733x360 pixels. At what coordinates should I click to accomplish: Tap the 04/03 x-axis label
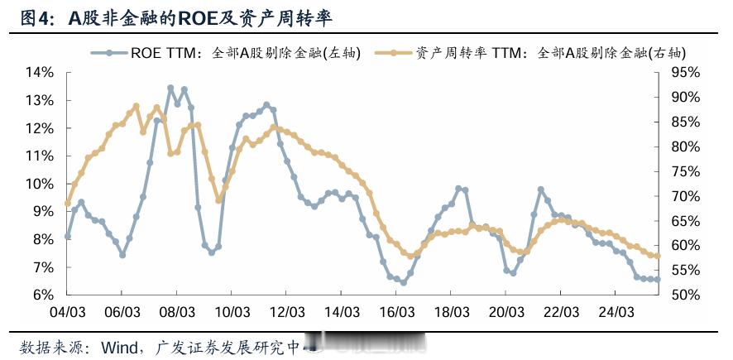pos(67,314)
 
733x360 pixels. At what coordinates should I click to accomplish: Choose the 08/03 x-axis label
pos(177,314)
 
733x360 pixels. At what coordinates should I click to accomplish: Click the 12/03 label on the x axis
pos(286,314)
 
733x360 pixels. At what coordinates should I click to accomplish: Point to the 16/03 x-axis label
pos(396,314)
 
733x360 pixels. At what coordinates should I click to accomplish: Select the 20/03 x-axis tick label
pos(505,314)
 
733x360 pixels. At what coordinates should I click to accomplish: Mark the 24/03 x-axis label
pos(616,314)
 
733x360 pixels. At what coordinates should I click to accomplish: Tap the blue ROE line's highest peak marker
pos(170,88)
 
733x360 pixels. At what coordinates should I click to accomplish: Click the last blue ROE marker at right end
pos(657,280)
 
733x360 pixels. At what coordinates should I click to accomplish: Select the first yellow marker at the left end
pos(68,204)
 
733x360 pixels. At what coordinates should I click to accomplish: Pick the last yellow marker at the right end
pos(657,256)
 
